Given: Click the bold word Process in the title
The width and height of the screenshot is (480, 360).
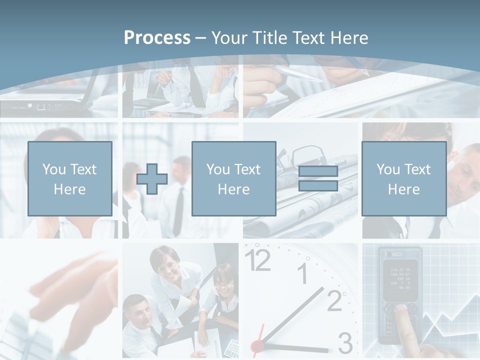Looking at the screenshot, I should coord(157,38).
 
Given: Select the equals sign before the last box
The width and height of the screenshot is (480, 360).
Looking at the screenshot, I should coord(318,178).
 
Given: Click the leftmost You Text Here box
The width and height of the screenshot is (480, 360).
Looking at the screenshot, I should coord(70,178).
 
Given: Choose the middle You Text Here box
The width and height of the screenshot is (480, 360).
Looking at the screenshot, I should coord(233,178).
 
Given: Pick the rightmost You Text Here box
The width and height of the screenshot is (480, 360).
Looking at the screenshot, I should coord(403,178).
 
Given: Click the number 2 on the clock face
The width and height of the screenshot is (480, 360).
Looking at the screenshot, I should coord(334,299).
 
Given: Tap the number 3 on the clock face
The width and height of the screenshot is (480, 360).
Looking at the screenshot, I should coord(345,343).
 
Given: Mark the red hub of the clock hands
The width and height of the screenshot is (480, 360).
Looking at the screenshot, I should coord(257,345).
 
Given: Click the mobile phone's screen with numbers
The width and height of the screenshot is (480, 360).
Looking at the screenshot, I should coord(400,276).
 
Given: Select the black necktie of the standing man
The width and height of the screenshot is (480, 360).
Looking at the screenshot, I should coord(178,210).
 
